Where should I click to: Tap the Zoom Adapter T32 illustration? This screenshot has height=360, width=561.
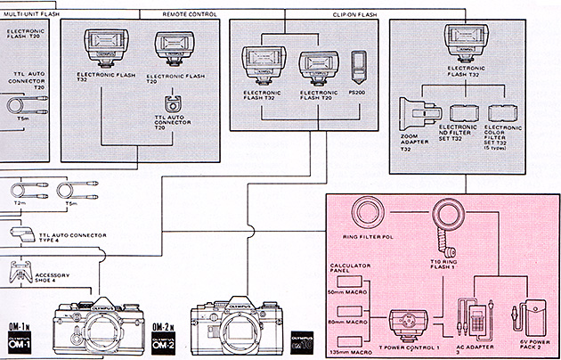(418, 117)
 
